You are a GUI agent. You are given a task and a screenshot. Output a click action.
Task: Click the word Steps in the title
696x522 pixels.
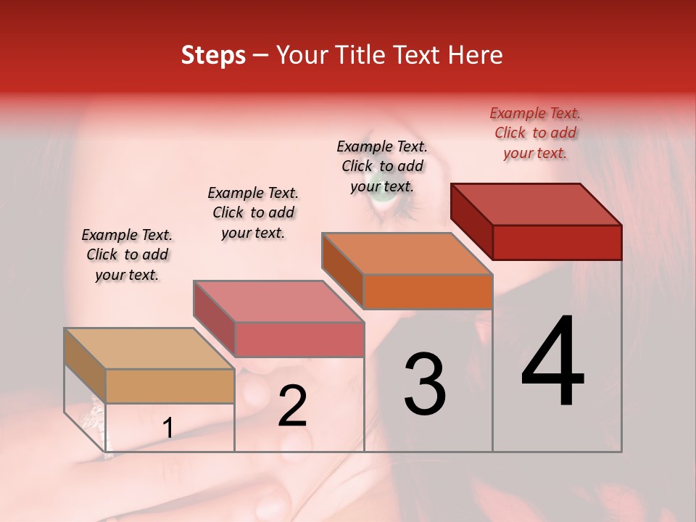click(213, 55)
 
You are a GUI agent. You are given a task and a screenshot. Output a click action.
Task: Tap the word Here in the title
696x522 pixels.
click(476, 55)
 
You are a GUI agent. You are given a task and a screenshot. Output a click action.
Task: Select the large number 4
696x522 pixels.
click(552, 362)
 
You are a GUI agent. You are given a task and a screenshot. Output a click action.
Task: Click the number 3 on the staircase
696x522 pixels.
click(425, 384)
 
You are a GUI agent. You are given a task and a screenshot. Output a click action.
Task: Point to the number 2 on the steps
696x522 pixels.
click(292, 406)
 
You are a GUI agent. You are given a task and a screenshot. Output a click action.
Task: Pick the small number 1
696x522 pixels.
click(167, 428)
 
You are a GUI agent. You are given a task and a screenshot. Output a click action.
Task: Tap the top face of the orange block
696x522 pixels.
click(407, 254)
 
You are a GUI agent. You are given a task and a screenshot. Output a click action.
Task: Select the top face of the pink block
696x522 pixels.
click(278, 302)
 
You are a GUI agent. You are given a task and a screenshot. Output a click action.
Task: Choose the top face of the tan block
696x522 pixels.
click(149, 349)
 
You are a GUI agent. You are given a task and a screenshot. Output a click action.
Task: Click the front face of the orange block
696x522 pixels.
click(428, 291)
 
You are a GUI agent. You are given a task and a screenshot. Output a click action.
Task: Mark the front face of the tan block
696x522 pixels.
click(170, 386)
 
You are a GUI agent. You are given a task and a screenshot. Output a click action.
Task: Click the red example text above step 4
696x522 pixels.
click(535, 133)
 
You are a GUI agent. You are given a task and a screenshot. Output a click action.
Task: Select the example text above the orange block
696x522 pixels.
click(382, 166)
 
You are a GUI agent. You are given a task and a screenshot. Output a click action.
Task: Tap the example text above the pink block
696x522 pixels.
click(253, 212)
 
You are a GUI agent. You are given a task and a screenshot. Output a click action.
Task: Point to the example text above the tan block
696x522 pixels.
click(127, 254)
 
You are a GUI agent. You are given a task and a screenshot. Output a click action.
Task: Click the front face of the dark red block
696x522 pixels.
click(557, 242)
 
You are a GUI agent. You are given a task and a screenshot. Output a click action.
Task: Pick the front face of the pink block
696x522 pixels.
click(299, 339)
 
